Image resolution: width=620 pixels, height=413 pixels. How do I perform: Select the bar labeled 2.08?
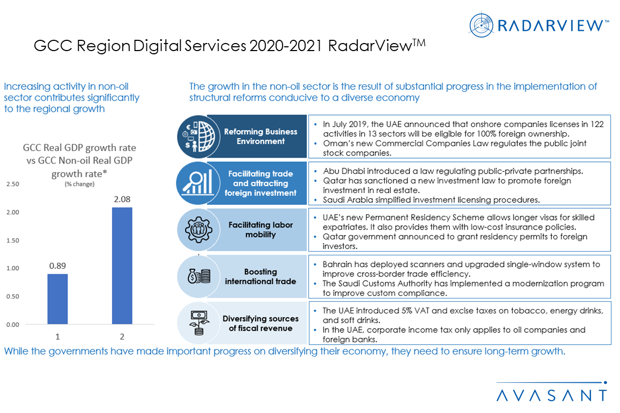(x=121, y=266)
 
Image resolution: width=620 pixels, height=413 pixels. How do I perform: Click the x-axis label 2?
(x=122, y=337)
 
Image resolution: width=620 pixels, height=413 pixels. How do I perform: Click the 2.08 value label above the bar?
(x=121, y=199)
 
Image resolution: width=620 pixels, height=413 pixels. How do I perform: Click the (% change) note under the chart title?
(x=79, y=184)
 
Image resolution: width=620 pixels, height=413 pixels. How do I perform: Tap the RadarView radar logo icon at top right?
(x=481, y=25)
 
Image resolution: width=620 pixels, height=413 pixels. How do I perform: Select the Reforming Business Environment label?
(x=260, y=136)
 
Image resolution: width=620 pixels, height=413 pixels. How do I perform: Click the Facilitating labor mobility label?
(x=260, y=230)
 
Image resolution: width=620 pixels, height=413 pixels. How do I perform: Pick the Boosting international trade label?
(x=260, y=276)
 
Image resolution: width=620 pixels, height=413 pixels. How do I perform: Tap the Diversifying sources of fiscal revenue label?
(x=260, y=323)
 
